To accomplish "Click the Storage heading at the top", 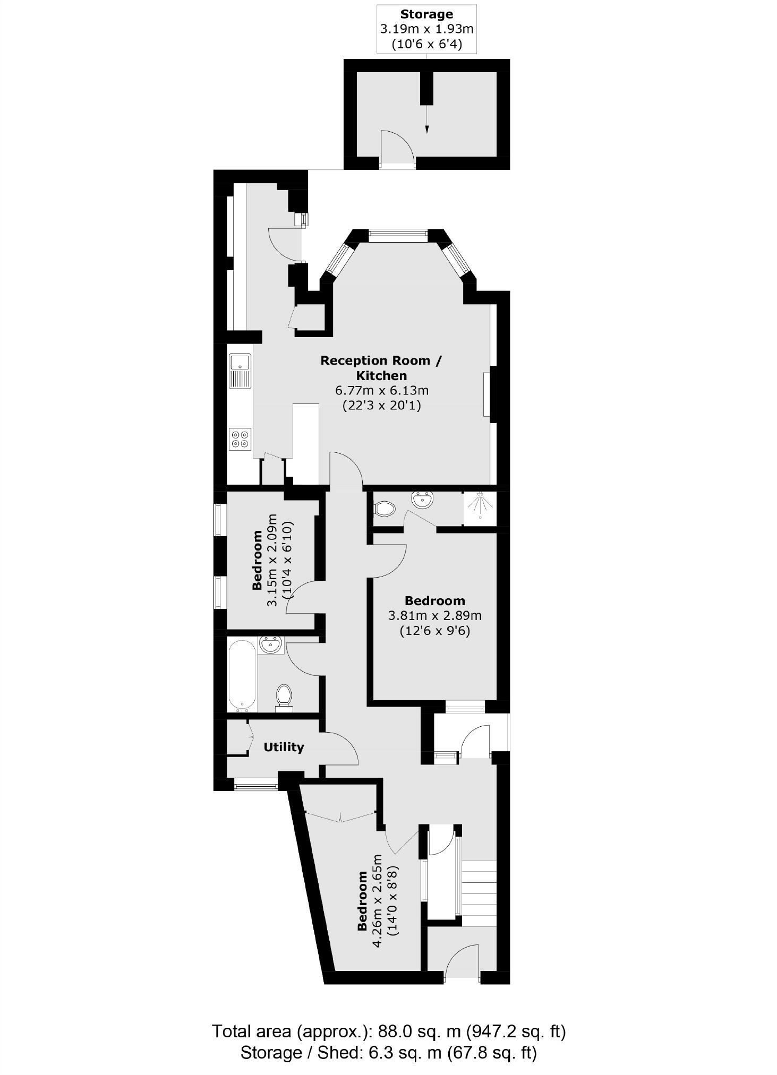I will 426,14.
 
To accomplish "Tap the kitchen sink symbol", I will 240,371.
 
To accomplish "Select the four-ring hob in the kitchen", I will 240,439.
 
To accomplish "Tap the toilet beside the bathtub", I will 284,697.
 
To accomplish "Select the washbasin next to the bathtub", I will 271,646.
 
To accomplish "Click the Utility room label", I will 284,747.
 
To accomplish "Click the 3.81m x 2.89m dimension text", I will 435,616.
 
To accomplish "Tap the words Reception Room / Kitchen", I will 381,368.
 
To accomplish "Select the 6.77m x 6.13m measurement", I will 381,391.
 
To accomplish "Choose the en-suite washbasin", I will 423,499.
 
